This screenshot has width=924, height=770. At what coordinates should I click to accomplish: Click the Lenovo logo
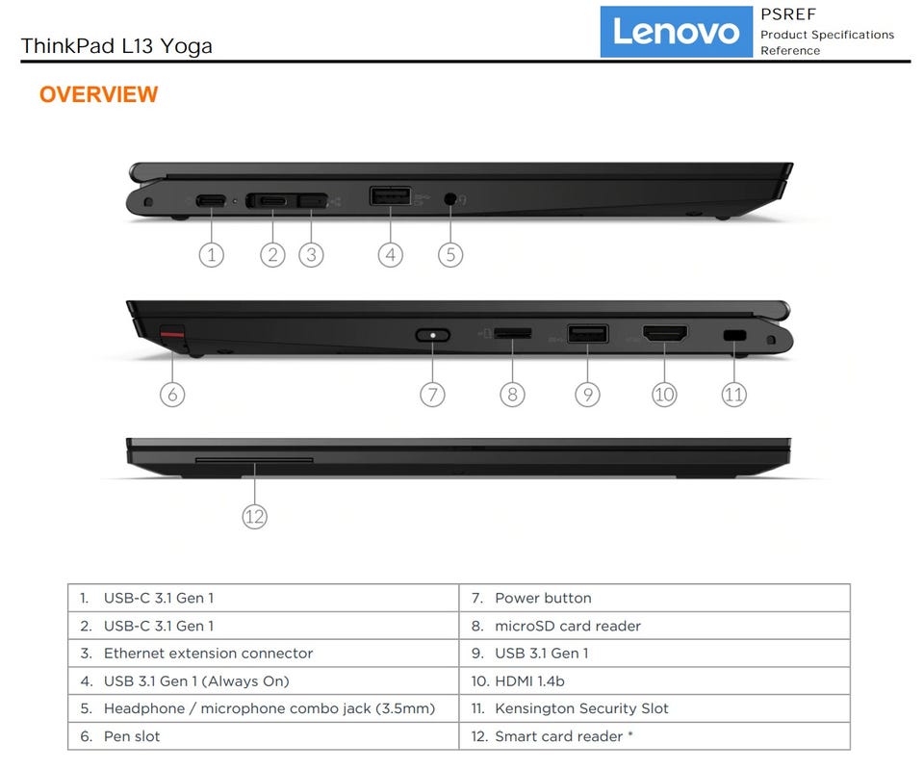676,32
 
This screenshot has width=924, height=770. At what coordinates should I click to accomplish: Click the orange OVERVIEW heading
98,94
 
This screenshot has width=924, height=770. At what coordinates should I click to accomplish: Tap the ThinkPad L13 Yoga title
116,46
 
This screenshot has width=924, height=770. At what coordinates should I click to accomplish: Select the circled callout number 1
211,255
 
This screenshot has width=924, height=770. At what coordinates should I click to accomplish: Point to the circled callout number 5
450,255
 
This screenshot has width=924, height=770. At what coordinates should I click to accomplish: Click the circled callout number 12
254,517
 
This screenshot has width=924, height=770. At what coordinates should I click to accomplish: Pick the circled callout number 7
432,394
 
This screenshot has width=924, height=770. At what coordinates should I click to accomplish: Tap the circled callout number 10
664,394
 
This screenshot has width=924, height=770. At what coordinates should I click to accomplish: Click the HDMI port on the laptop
665,334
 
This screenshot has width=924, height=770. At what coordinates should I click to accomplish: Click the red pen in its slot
172,334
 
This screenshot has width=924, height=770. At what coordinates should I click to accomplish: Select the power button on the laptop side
432,335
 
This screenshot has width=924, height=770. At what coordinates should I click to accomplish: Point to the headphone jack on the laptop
450,198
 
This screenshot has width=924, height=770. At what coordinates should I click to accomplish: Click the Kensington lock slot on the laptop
734,336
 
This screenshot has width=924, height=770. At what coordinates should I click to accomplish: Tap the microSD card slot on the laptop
513,333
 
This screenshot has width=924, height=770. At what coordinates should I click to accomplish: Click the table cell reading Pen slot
132,736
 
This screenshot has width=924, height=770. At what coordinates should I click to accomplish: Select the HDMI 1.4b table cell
529,681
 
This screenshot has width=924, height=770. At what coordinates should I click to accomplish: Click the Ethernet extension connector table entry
208,654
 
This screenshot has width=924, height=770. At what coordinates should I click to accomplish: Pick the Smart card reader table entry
558,736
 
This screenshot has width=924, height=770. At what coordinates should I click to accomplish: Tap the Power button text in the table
543,598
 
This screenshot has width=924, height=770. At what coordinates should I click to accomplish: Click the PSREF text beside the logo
788,14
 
